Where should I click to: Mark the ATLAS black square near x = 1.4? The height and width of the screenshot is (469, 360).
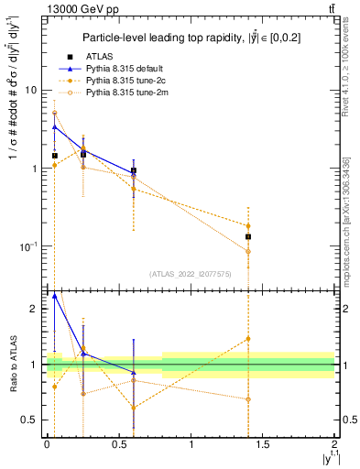248,236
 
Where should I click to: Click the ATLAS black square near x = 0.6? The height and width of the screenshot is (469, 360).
134,170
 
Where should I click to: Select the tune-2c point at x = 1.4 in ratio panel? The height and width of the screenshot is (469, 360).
248,339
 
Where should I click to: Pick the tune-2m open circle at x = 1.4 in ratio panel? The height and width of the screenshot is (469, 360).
248,399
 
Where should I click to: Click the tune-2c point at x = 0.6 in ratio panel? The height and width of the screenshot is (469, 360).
134,409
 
